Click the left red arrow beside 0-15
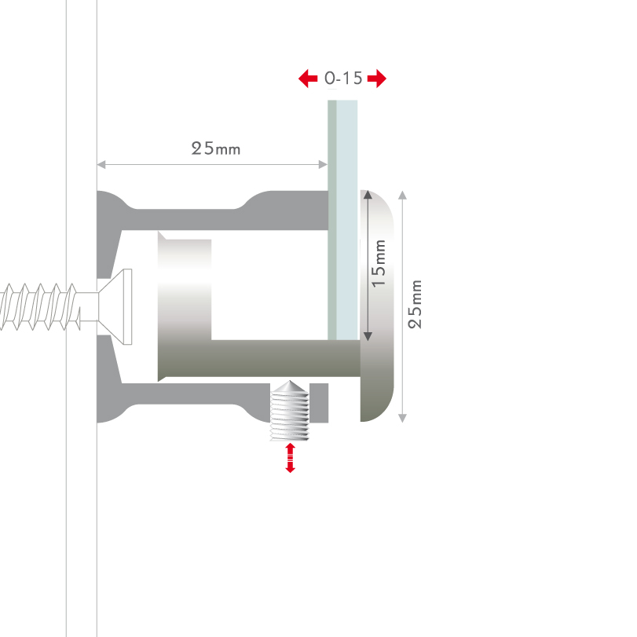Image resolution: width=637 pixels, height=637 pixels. point(308,79)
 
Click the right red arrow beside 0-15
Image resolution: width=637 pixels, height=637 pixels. point(377,79)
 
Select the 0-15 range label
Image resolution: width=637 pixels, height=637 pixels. point(343,79)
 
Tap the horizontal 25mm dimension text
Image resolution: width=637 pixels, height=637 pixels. point(216,148)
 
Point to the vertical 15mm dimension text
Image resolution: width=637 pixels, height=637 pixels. point(379,264)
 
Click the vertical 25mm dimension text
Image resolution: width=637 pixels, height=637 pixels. point(415,304)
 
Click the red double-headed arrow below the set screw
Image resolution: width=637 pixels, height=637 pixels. point(290,458)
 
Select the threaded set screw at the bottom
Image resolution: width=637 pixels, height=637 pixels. point(290,410)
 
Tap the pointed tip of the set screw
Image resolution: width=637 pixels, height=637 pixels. point(290,381)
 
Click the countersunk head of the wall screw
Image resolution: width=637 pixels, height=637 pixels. point(115,307)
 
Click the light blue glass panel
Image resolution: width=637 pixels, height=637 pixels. point(347,220)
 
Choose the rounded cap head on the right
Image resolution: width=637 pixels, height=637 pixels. point(377,306)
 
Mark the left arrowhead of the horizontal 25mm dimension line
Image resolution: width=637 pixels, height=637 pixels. point(101,164)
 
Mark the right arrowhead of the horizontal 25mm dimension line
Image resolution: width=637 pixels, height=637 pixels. point(324,164)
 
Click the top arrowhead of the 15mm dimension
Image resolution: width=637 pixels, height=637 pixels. point(368,195)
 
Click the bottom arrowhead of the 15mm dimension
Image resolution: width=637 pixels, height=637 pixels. point(368,336)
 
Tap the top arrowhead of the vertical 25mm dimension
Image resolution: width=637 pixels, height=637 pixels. point(403,195)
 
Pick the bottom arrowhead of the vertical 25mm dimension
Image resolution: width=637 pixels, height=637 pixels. point(403,419)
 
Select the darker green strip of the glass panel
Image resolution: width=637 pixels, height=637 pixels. point(332,220)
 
